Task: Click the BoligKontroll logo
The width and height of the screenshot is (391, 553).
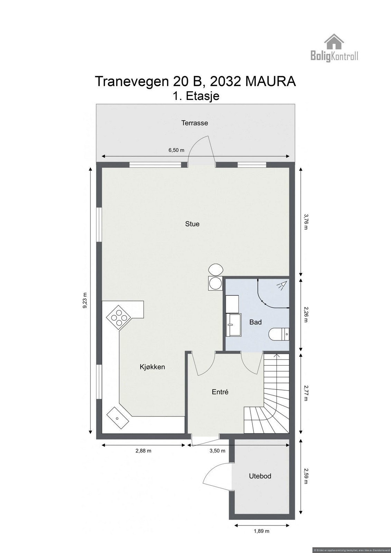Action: pos(334,48)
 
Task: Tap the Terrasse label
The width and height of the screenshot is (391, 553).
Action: pos(195,123)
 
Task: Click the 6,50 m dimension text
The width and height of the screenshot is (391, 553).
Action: pos(176,150)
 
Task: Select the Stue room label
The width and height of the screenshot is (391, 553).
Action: pos(192,224)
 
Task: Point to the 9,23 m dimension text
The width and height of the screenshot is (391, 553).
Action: pos(85,301)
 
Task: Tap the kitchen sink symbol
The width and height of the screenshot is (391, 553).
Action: pos(117,418)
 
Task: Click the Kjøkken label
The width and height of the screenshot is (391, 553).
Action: pos(152,367)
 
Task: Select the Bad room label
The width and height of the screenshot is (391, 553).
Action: pos(255,322)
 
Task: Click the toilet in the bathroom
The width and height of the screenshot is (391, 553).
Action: pos(279,334)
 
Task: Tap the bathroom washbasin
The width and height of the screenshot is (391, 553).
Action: pos(231,324)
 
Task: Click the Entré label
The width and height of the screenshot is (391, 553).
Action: pos(220,392)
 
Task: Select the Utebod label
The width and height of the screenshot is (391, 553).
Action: pos(260,476)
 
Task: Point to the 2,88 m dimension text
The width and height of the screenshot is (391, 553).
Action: pos(144,451)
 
